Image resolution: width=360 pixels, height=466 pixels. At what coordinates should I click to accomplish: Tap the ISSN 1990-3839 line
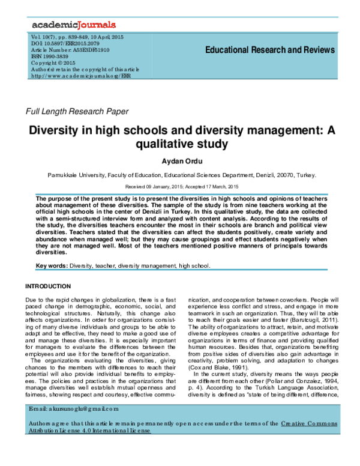(54, 57)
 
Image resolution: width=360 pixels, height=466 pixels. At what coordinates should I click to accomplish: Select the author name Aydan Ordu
(180, 162)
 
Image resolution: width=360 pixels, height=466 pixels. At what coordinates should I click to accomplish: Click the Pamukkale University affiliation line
(180, 177)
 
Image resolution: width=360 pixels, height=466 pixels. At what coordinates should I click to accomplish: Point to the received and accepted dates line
(180, 188)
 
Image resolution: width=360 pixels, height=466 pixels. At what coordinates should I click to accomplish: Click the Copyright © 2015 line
(55, 64)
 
